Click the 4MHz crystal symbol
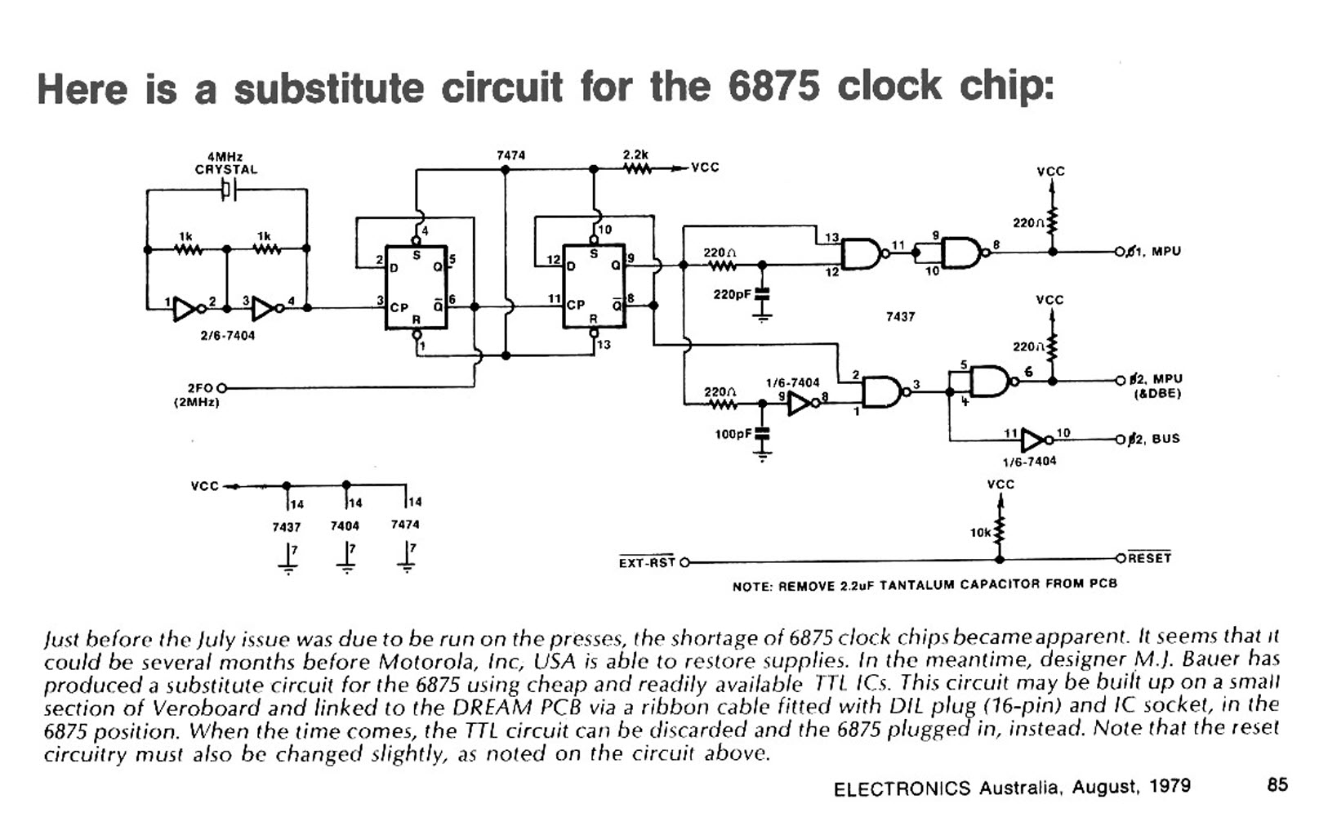coord(228,190)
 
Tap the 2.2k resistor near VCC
coord(638,169)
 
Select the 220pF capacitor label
coord(732,295)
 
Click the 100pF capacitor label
coord(733,434)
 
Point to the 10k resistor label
coord(979,532)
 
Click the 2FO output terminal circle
coord(222,388)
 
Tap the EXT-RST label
coord(647,562)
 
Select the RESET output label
coord(1149,558)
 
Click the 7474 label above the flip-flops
coord(510,155)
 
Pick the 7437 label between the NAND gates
coord(900,316)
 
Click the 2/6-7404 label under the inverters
coord(227,335)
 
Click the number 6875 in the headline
coord(773,87)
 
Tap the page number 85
coord(1277,784)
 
